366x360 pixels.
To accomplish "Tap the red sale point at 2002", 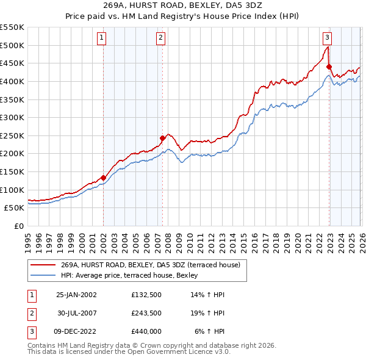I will [x=103, y=178].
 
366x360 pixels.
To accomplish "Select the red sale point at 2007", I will [x=163, y=138].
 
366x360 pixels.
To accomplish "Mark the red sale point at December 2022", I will [x=329, y=67].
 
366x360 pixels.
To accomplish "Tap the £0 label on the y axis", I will [x=19, y=226].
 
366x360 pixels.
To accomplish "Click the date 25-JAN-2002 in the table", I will [x=76, y=295].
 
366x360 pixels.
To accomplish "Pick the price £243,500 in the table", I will [x=146, y=313].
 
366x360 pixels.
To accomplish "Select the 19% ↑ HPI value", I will [x=209, y=313].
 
